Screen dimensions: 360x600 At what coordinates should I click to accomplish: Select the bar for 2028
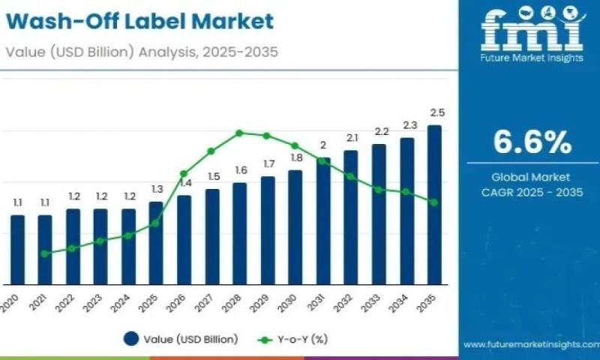tap(239, 233)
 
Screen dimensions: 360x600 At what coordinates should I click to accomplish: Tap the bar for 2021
tap(45, 250)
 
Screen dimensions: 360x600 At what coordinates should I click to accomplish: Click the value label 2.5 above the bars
tap(437, 112)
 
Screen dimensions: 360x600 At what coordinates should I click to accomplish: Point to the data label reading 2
tap(323, 145)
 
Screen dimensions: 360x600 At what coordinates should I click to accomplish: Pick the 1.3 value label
tap(157, 189)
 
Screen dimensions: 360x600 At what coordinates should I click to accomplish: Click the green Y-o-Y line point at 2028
tap(239, 133)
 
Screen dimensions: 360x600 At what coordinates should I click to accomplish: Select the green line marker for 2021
tap(45, 253)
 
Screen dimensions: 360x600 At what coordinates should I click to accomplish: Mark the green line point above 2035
tap(434, 201)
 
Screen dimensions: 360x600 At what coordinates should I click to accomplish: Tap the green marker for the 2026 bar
tap(184, 173)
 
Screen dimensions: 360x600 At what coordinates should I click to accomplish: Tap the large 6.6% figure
tap(532, 141)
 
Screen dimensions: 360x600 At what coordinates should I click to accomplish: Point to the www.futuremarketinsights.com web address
tap(530, 345)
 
